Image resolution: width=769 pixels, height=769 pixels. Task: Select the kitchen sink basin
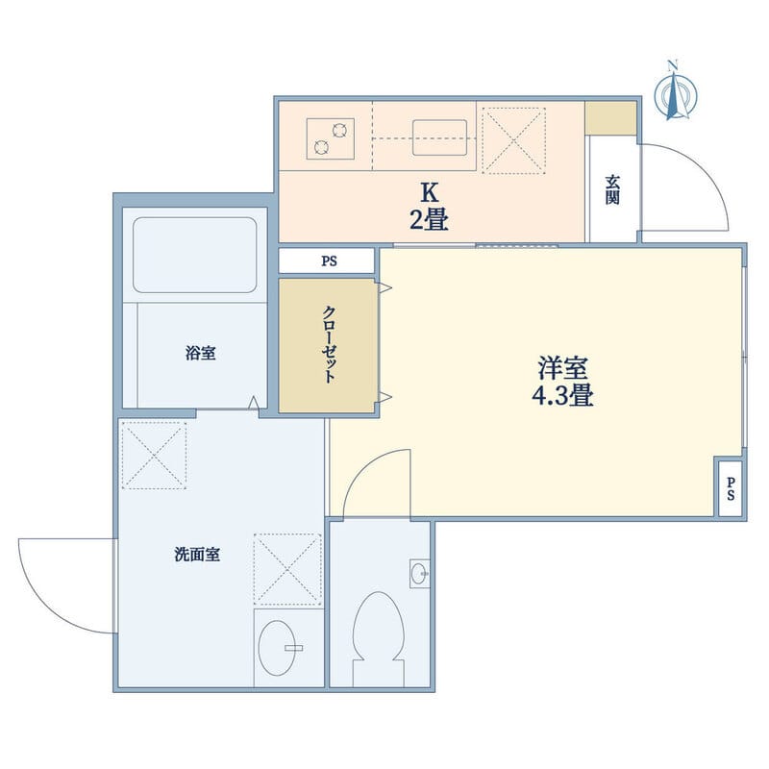[x=440, y=136]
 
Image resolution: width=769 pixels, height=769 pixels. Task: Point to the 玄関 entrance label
[x=612, y=188]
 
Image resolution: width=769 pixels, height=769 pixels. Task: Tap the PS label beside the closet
[x=329, y=260]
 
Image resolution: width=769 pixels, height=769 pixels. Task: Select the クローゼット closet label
[x=329, y=344]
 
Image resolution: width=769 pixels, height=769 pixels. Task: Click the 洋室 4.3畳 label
[x=563, y=380]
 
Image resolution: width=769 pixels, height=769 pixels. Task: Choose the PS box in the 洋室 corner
[x=731, y=488]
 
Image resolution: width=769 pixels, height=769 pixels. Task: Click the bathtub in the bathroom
[x=195, y=254]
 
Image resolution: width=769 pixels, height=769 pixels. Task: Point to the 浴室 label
[x=200, y=353]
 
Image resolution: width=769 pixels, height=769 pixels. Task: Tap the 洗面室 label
[x=198, y=555]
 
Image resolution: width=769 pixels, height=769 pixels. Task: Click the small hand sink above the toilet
[x=419, y=573]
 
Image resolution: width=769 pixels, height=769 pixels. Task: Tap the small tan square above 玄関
[x=611, y=117]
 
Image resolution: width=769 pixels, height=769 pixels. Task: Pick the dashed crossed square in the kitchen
[x=513, y=140]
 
